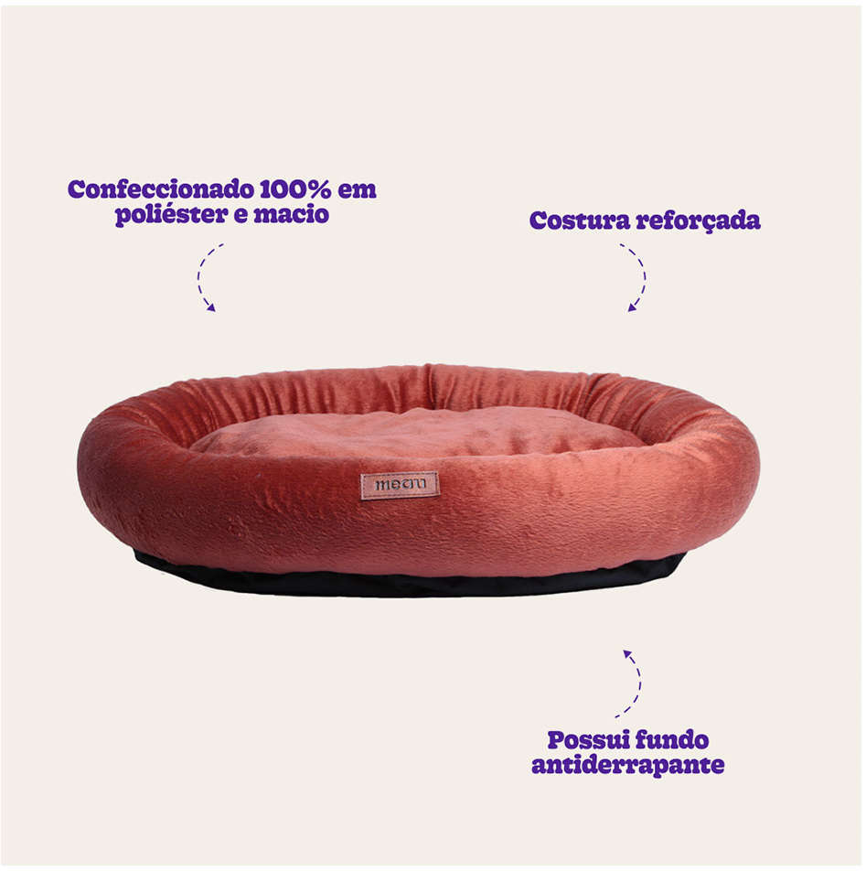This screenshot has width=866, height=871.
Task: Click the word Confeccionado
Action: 161,189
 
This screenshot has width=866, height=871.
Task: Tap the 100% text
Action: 295,189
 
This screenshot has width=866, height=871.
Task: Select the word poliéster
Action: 172,215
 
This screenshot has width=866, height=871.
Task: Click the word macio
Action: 292,214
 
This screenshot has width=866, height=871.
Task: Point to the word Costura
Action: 580,220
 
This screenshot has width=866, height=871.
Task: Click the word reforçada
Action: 698,221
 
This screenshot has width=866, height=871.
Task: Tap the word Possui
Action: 588,740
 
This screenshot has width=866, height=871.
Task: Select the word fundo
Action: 672,740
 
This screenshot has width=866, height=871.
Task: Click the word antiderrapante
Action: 628,766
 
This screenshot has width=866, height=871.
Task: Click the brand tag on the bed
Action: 400,486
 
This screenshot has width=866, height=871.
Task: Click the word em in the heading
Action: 357,190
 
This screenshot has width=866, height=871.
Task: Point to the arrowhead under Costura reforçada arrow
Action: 632,307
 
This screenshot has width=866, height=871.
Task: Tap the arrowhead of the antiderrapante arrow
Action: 627,654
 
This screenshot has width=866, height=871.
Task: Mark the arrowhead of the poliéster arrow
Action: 210,307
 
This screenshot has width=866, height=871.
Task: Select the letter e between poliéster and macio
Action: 241,216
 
